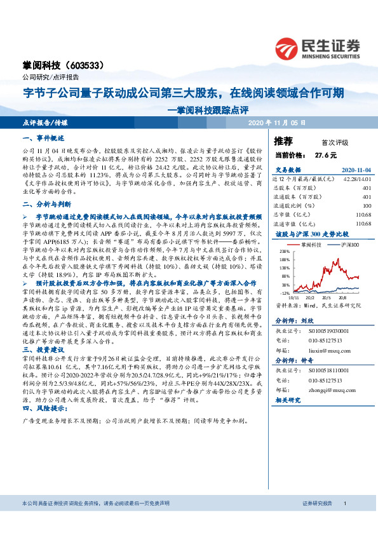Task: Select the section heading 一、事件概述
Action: (44, 138)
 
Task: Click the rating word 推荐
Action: (283, 140)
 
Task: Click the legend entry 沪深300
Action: (345, 243)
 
